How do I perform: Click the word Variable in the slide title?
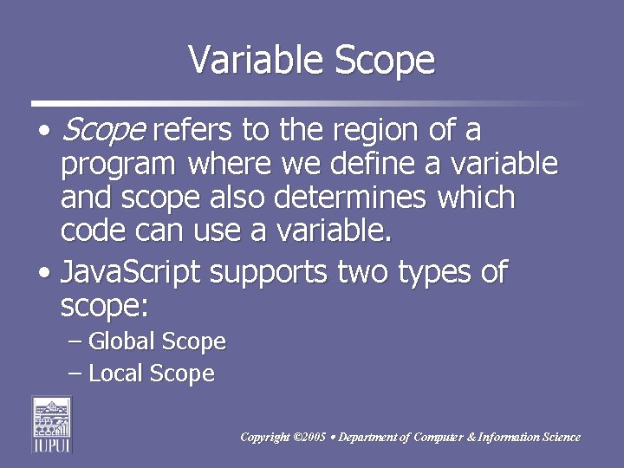(x=244, y=60)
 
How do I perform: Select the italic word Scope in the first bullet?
(x=103, y=131)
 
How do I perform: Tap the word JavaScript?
(x=131, y=274)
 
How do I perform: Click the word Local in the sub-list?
(x=116, y=374)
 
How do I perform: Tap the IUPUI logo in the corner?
(x=52, y=424)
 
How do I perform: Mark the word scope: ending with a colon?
(x=105, y=306)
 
